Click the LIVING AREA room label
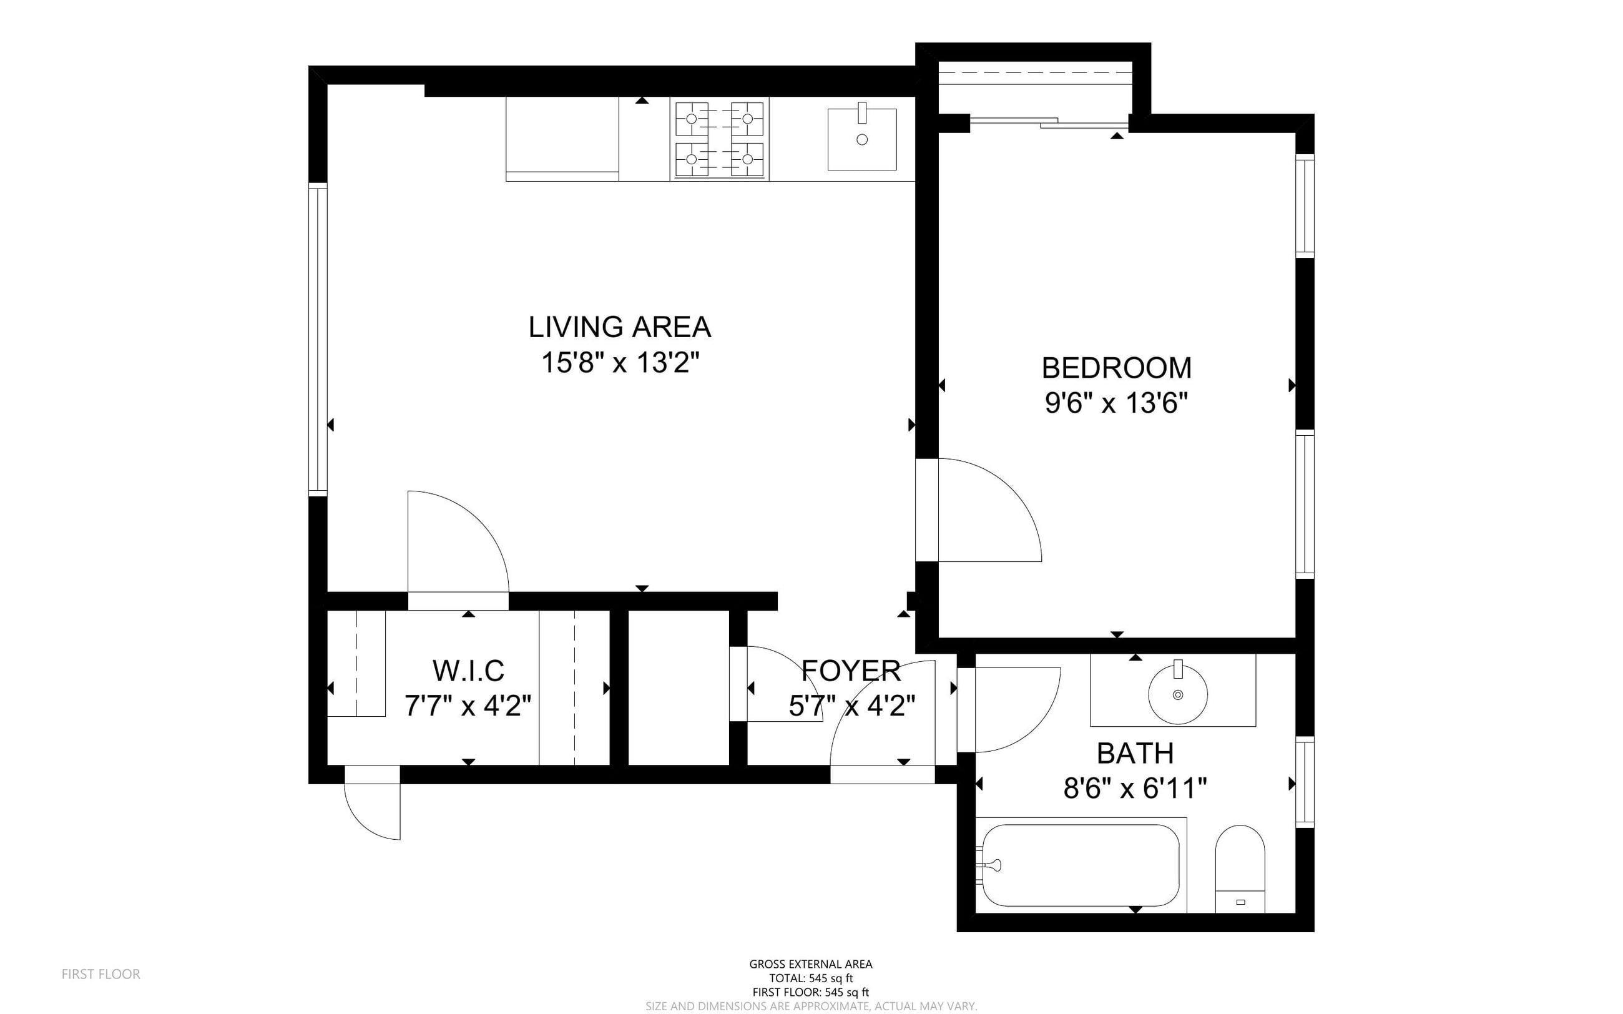(619, 327)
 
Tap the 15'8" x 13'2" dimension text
(619, 363)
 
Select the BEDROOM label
(1116, 368)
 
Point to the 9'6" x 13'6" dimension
(1116, 404)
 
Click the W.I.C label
(468, 671)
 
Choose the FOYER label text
(851, 671)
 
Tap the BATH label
(1135, 754)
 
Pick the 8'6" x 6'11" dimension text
(1135, 789)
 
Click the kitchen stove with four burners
(719, 139)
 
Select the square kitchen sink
(862, 139)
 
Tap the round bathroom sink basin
(1178, 695)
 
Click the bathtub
(1081, 865)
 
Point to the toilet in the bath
(1240, 869)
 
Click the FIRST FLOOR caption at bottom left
(101, 975)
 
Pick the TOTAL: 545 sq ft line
(810, 978)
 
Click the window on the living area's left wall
(318, 338)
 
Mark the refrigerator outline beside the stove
(562, 139)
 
